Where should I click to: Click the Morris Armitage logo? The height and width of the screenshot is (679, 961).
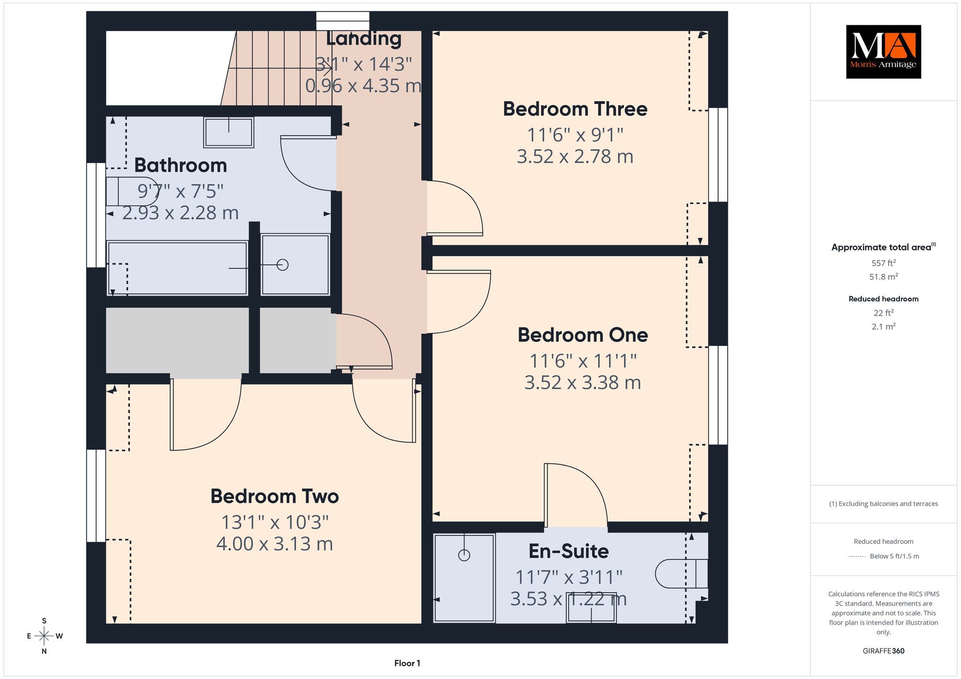(883, 52)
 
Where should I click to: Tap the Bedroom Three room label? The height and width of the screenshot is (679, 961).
(575, 109)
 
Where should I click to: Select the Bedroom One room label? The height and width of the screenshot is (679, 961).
(582, 335)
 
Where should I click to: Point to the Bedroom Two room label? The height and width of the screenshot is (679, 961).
(275, 496)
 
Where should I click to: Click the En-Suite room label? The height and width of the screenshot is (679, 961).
(569, 551)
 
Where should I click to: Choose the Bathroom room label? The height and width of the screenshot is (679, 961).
(181, 166)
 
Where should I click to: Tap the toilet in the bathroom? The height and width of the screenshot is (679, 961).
(132, 191)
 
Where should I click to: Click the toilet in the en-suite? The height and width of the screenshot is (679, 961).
(681, 573)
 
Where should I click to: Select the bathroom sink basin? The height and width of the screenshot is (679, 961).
(229, 132)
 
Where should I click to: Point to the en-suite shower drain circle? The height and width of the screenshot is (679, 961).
(464, 555)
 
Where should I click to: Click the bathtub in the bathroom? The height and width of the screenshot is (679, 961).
(177, 268)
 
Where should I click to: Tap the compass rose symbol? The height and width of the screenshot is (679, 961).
(44, 636)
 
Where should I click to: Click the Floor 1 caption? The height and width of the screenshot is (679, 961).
(407, 663)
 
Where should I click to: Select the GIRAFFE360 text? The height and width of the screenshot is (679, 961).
(884, 651)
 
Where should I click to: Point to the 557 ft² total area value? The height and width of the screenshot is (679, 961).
(884, 263)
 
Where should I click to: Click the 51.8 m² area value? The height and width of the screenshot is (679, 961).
(884, 277)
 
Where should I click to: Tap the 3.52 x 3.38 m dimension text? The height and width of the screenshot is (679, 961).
(582, 383)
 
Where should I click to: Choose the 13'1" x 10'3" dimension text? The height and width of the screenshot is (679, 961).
(275, 522)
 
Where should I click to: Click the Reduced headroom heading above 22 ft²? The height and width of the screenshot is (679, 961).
(884, 299)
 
